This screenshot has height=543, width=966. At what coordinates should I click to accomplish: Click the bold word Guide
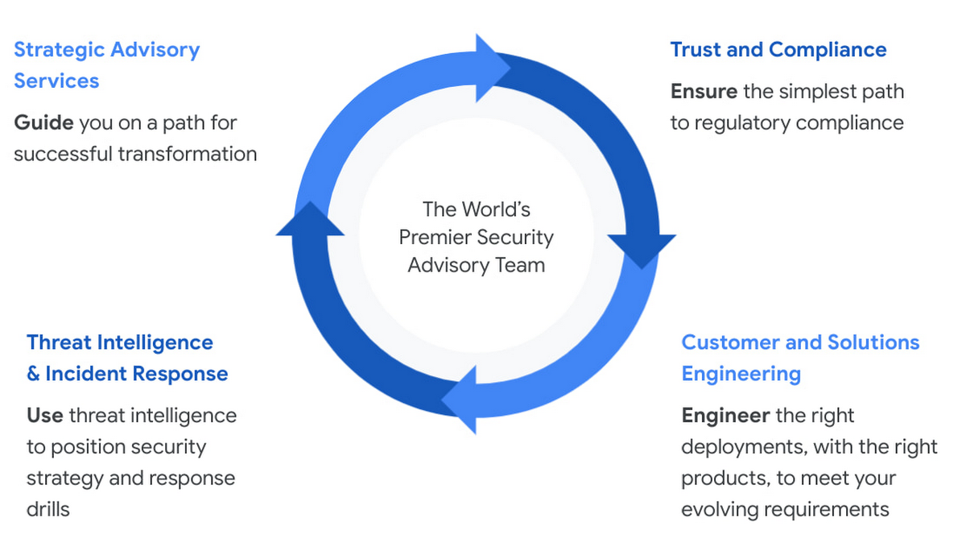tap(44, 123)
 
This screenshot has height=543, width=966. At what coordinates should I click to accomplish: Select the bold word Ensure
tap(704, 92)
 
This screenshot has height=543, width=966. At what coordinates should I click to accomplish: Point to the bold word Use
tap(44, 416)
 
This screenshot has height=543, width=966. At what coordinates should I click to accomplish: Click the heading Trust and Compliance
tap(778, 50)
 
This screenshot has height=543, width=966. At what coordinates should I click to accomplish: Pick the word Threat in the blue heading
tap(59, 342)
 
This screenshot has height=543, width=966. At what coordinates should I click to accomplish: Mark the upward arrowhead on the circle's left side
tap(310, 220)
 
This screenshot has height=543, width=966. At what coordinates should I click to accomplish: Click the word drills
tap(48, 509)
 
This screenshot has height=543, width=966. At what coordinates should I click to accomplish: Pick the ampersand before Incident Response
tap(33, 374)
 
